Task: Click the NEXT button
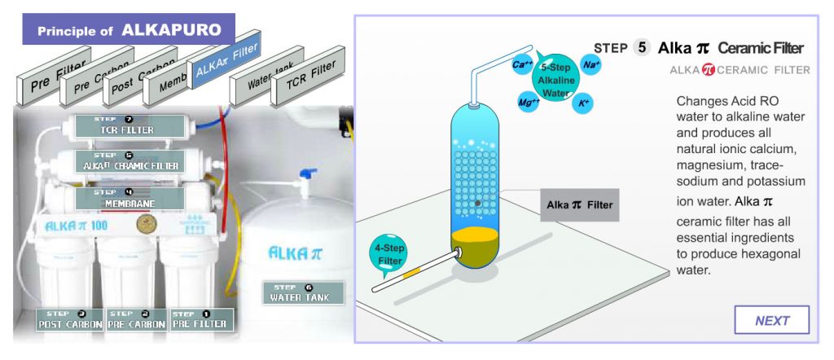pyautogui.click(x=771, y=320)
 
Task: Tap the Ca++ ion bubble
pyautogui.click(x=522, y=64)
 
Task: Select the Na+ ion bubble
pyautogui.click(x=591, y=64)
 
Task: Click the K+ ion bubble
pyautogui.click(x=583, y=103)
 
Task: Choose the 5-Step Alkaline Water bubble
pyautogui.click(x=556, y=82)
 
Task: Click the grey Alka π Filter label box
pyautogui.click(x=580, y=205)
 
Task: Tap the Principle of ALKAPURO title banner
pyautogui.click(x=129, y=30)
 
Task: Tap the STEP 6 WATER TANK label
pyautogui.click(x=303, y=293)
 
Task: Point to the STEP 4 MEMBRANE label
pyautogui.click(x=126, y=198)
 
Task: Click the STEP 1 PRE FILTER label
pyautogui.click(x=200, y=319)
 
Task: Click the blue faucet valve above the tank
pyautogui.click(x=307, y=173)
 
